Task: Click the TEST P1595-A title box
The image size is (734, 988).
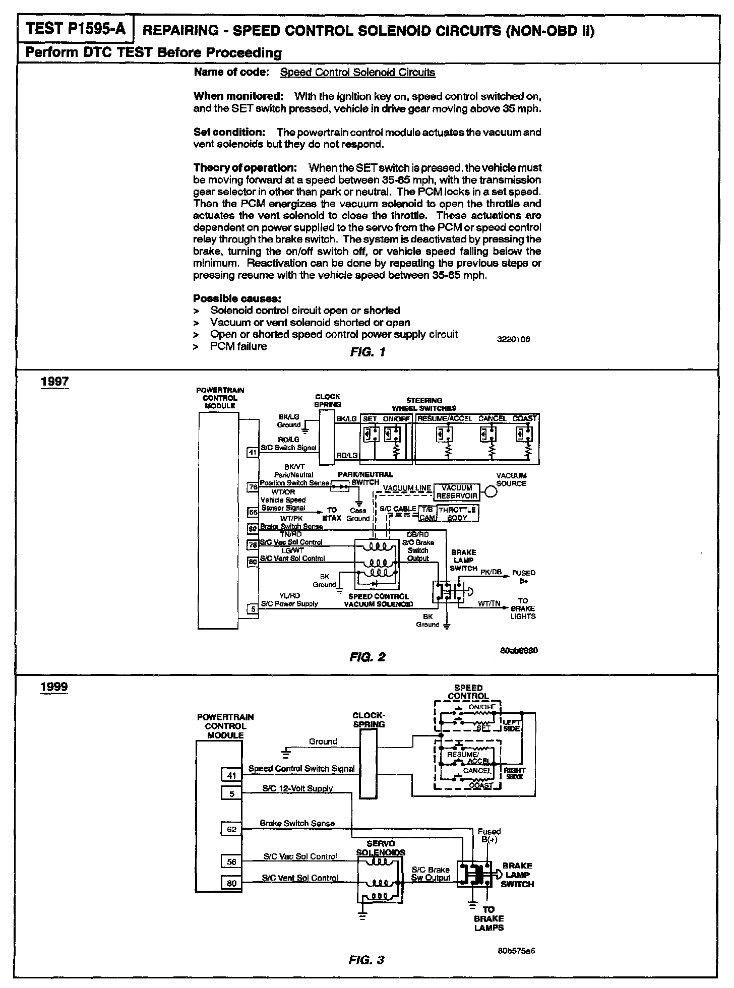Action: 76,29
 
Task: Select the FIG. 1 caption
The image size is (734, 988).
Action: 367,352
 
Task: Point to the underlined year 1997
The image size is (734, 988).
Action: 54,382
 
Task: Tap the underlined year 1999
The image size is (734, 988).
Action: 54,688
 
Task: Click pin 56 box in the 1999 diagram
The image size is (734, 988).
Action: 231,861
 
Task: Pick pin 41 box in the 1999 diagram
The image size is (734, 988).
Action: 231,775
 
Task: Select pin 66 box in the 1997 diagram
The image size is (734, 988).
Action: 253,512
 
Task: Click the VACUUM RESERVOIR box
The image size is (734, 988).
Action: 456,491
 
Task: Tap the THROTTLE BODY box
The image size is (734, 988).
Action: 457,514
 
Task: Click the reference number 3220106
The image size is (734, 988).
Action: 514,339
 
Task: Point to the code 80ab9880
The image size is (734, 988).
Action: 519,650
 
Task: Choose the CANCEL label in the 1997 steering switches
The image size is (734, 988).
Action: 492,418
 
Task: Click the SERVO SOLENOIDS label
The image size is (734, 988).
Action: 381,847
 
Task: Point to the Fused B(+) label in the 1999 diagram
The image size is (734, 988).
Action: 489,835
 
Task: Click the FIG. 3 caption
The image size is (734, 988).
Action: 366,960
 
